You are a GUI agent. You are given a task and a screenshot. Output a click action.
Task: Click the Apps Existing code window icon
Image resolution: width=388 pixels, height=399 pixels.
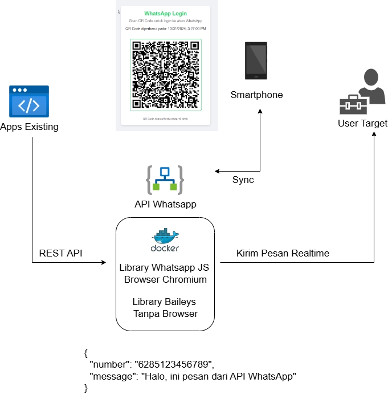pyautogui.click(x=28, y=101)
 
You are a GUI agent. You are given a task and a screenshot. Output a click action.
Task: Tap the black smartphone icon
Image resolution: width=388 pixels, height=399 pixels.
pyautogui.click(x=256, y=60)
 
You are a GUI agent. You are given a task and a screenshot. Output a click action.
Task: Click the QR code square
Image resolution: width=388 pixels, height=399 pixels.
pyautogui.click(x=165, y=75)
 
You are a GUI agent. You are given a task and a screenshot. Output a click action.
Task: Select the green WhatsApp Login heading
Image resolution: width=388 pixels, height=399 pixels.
pyautogui.click(x=165, y=13)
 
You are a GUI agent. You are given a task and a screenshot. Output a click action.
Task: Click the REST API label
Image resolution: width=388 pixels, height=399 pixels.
pyautogui.click(x=60, y=253)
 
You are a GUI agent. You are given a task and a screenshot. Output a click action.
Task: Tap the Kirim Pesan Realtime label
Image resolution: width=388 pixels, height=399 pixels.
pyautogui.click(x=283, y=253)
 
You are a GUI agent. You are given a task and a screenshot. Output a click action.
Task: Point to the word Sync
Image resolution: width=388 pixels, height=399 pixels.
pyautogui.click(x=243, y=180)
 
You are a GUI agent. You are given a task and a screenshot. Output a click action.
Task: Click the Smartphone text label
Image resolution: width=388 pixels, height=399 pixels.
pyautogui.click(x=256, y=95)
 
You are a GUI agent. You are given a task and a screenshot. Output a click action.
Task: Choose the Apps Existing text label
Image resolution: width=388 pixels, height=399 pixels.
pyautogui.click(x=29, y=127)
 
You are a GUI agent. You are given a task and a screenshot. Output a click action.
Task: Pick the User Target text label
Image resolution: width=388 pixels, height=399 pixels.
pyautogui.click(x=362, y=124)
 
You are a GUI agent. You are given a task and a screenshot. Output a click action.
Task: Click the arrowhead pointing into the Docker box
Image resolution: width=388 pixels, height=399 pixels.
pyautogui.click(x=104, y=263)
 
